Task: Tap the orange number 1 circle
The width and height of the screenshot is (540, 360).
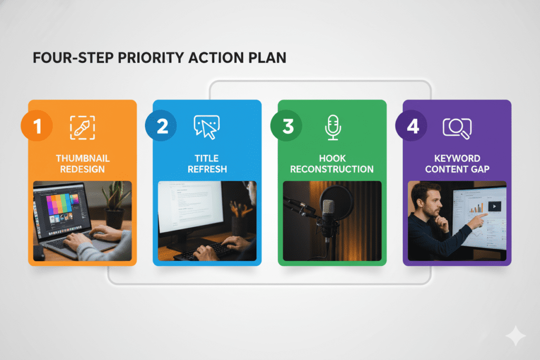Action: pyautogui.click(x=37, y=125)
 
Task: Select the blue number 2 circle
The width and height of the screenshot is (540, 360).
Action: pyautogui.click(x=161, y=125)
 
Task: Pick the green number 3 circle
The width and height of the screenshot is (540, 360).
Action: pyautogui.click(x=286, y=125)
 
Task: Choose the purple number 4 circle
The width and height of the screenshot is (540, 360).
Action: pyautogui.click(x=411, y=125)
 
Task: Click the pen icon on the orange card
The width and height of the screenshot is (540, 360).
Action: pyautogui.click(x=82, y=128)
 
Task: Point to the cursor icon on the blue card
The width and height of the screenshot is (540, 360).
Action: pyautogui.click(x=207, y=128)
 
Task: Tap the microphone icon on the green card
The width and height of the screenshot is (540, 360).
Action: pyautogui.click(x=333, y=128)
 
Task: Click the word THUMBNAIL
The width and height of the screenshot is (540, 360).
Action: pyautogui.click(x=83, y=158)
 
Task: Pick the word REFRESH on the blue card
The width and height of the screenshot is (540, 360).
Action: pyautogui.click(x=207, y=169)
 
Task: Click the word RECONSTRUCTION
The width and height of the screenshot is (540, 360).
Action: pyautogui.click(x=332, y=169)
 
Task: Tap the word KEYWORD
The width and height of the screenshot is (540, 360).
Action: pyautogui.click(x=457, y=158)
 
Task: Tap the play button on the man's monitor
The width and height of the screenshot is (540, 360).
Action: pyautogui.click(x=495, y=207)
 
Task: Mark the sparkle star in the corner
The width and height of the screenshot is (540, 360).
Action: pyautogui.click(x=516, y=336)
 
